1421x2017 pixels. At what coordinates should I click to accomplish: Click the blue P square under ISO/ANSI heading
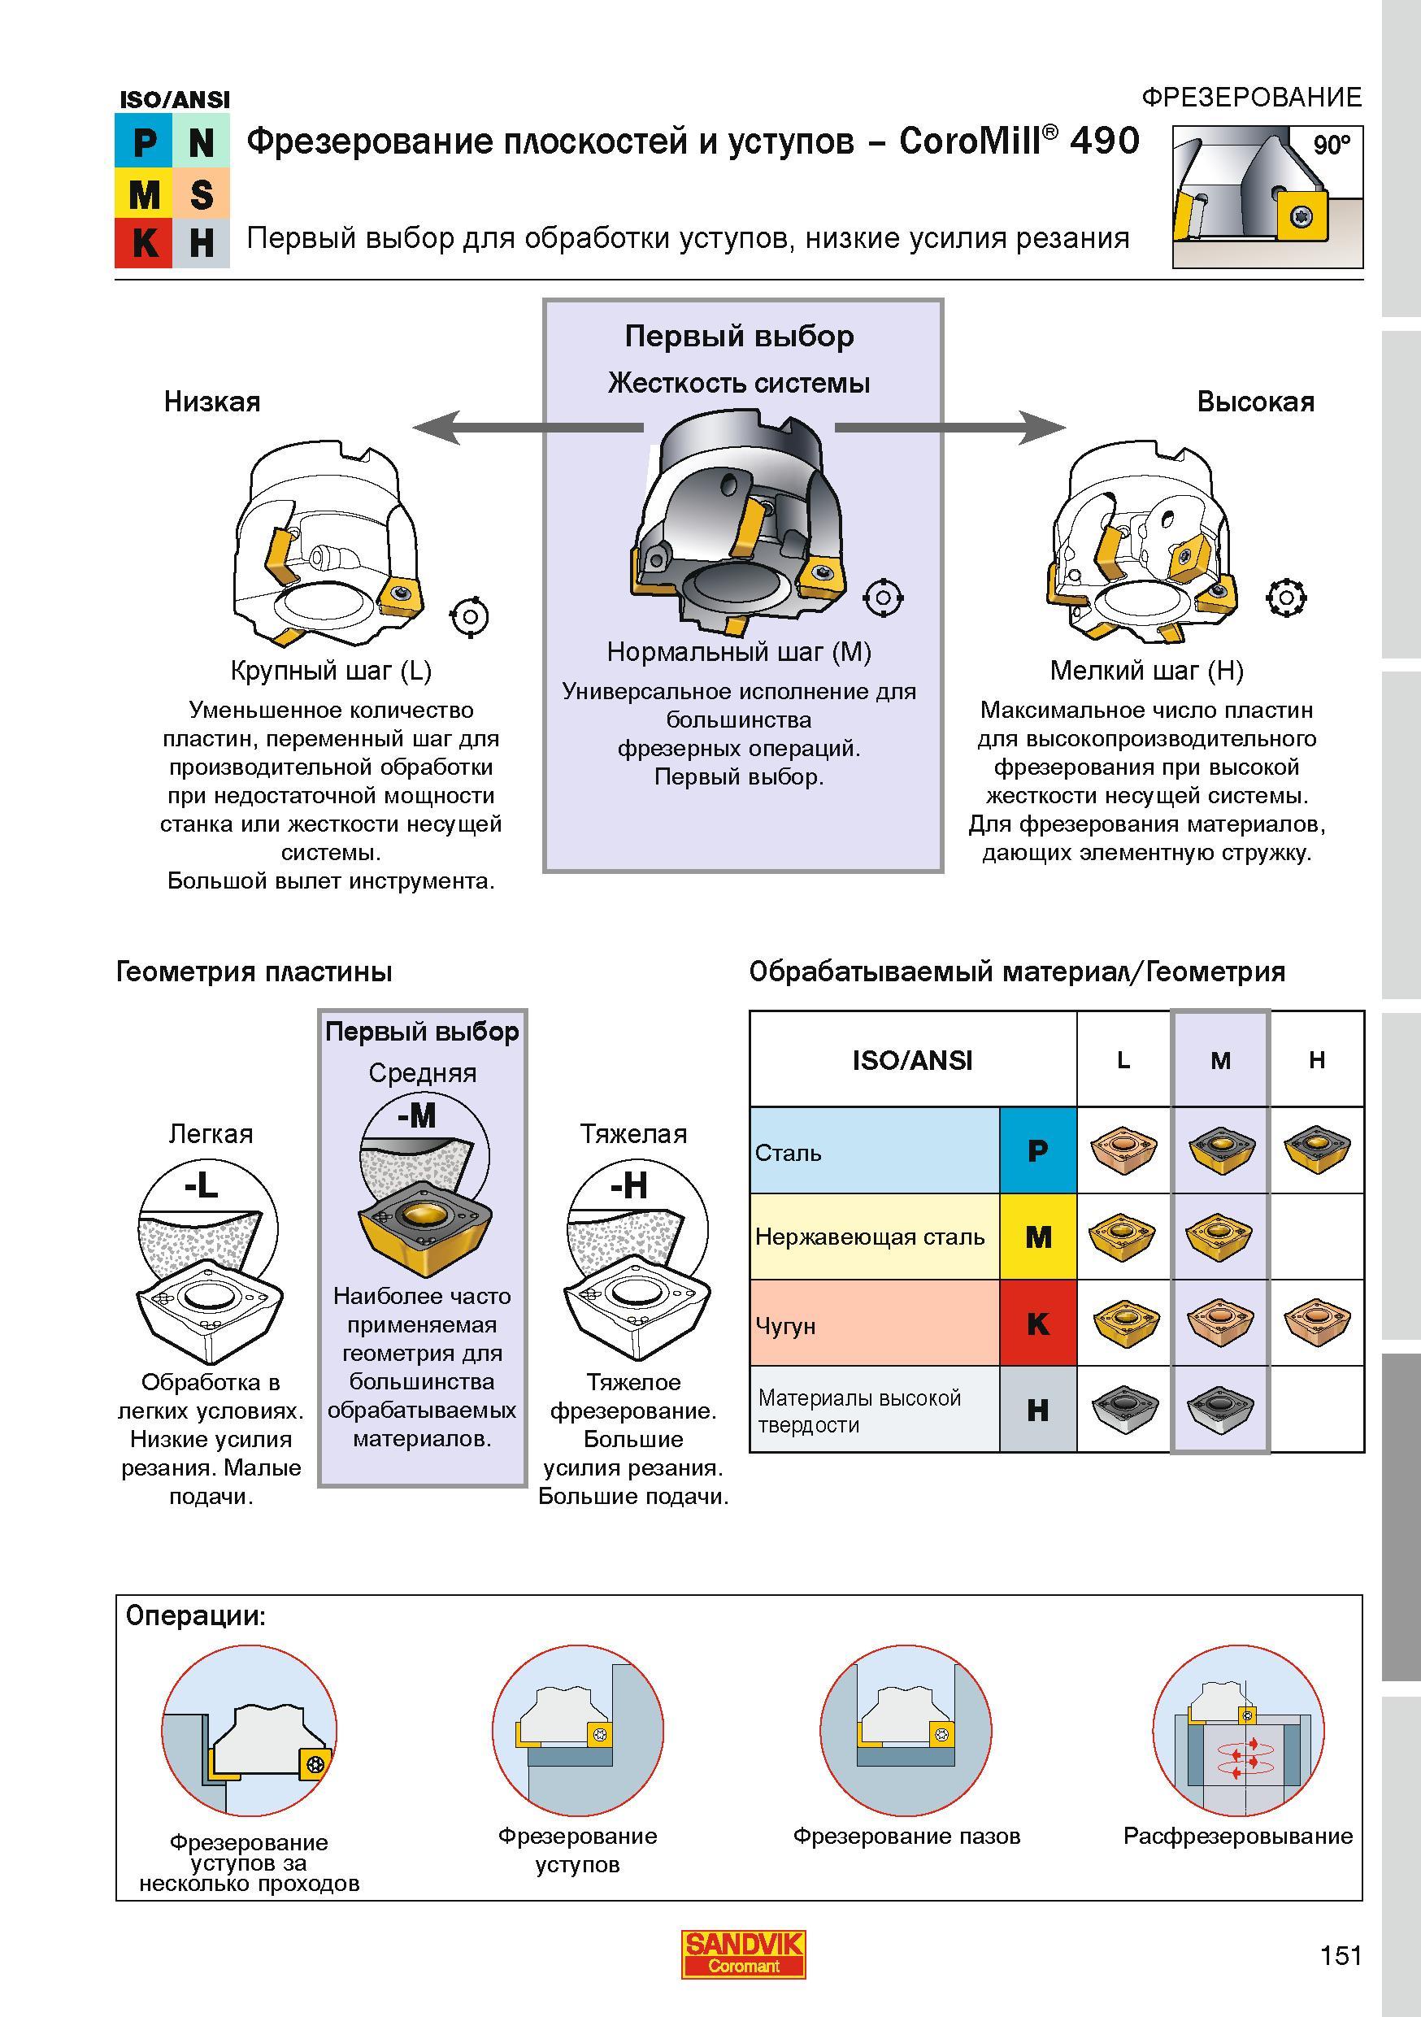pos(144,141)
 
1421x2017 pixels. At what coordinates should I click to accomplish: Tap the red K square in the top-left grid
pos(144,242)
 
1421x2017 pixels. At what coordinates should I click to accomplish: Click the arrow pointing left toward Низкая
pos(528,427)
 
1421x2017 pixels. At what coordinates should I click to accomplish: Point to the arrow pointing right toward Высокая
pos(950,428)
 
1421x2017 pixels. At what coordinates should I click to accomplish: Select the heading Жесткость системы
pos(740,383)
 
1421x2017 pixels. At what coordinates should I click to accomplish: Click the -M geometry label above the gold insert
pos(416,1116)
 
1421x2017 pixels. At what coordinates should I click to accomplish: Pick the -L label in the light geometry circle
pos(200,1187)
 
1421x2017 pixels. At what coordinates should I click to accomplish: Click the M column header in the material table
pos(1220,1060)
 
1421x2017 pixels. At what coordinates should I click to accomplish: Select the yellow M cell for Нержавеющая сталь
pos(1038,1237)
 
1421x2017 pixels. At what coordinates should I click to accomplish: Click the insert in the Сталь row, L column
pos(1123,1150)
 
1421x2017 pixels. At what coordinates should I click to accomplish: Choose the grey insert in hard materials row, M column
pos(1220,1408)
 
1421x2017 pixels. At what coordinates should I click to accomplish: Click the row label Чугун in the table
pos(785,1326)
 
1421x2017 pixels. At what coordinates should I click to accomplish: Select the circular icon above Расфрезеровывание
pos(1237,1732)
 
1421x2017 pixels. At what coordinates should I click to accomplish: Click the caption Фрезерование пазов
pos(906,1836)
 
